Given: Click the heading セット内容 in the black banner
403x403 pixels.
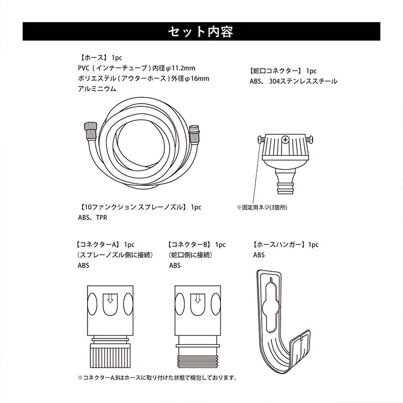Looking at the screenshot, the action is pyautogui.click(x=201, y=32).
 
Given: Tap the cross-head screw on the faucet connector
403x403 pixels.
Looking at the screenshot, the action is pyautogui.click(x=285, y=140).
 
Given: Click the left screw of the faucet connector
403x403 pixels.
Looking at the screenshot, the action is pyautogui.click(x=261, y=139).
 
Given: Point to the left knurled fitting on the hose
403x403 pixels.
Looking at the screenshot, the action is pyautogui.click(x=90, y=131).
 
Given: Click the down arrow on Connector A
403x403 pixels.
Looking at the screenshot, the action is pyautogui.click(x=110, y=299).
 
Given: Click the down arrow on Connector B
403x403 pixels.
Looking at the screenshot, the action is pyautogui.click(x=198, y=299).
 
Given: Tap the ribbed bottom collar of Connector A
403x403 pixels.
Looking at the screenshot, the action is pyautogui.click(x=110, y=357).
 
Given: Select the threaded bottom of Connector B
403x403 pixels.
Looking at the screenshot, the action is pyautogui.click(x=198, y=362).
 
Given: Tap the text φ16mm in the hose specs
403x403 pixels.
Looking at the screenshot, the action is pyautogui.click(x=197, y=78).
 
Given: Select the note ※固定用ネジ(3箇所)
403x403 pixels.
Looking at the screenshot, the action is pyautogui.click(x=262, y=207).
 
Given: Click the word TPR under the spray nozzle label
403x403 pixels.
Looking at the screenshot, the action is pyautogui.click(x=102, y=218).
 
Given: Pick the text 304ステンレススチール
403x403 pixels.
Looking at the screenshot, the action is pyautogui.click(x=303, y=81).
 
